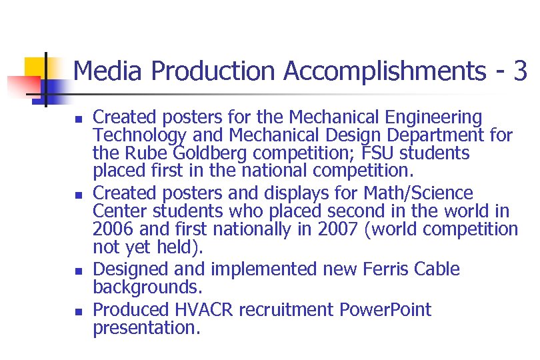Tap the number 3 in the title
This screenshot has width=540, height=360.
point(521,71)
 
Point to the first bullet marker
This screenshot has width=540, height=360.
point(79,121)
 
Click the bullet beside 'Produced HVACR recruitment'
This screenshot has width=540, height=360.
point(79,312)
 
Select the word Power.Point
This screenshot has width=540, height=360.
point(385,310)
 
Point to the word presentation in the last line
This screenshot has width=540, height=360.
point(146,328)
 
